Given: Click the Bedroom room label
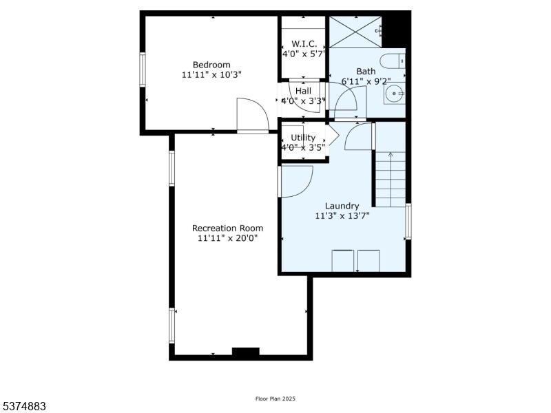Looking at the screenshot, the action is click(x=211, y=65).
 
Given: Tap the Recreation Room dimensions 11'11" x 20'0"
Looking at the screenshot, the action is click(x=227, y=238).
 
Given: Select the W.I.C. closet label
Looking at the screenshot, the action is click(x=304, y=44).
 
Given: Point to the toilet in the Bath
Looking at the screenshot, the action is click(x=393, y=61).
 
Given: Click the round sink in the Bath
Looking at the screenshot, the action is click(x=394, y=94).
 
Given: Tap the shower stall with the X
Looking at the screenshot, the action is click(x=355, y=32).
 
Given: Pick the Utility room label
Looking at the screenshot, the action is click(x=303, y=138).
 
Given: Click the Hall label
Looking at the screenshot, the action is click(x=303, y=91).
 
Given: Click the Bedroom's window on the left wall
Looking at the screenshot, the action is click(x=143, y=70).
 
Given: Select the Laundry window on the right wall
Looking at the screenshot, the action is click(x=408, y=221).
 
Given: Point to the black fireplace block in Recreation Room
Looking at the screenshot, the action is click(x=246, y=352).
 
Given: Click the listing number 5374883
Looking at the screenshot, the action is click(x=23, y=406).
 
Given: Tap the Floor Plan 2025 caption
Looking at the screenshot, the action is click(x=275, y=399).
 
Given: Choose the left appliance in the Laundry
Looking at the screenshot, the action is click(x=342, y=261).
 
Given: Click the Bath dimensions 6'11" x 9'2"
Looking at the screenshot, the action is click(x=366, y=81).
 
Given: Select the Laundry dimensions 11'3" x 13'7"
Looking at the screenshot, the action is click(x=342, y=215).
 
